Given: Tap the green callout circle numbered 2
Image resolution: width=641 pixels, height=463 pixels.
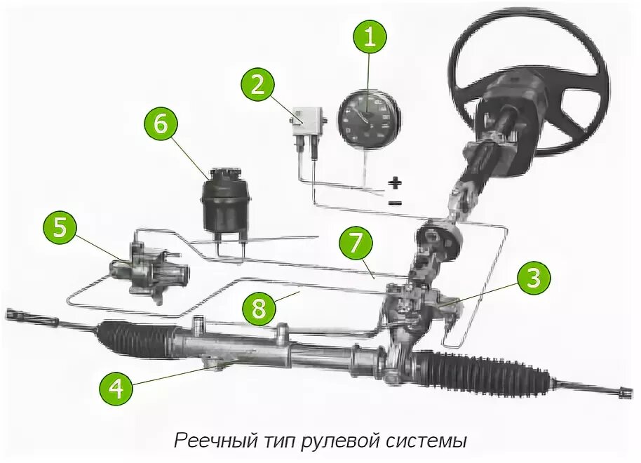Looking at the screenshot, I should [258, 84].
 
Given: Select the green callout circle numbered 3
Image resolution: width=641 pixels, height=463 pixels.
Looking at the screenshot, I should [534, 279].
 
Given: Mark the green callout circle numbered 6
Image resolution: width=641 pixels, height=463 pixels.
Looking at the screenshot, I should [161, 124].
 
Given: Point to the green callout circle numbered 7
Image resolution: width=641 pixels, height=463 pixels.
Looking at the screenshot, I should [356, 242].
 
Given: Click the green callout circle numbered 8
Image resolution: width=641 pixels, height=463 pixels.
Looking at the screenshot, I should [260, 309].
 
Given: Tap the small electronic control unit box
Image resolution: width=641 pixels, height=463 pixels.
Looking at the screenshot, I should [308, 120].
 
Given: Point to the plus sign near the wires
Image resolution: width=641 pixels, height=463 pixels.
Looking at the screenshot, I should [396, 183].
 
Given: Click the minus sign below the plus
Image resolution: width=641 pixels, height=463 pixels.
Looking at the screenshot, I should [396, 203].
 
